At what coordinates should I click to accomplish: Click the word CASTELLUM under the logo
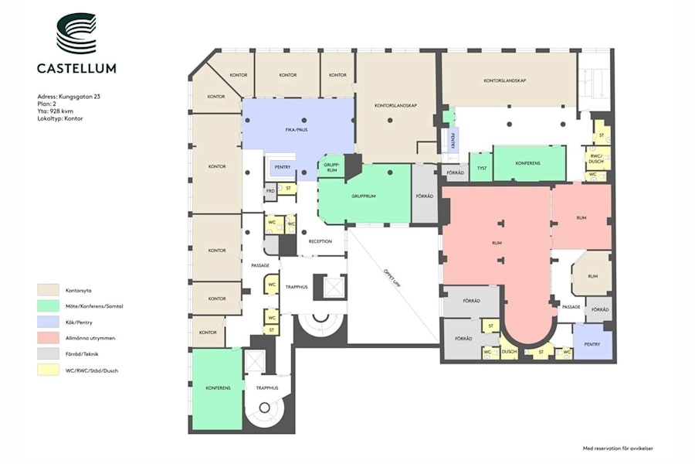pos(76,68)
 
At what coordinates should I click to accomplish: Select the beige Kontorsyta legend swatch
pos(48,289)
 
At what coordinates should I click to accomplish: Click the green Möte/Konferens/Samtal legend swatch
pos(48,306)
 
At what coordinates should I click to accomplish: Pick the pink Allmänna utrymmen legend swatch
pos(48,338)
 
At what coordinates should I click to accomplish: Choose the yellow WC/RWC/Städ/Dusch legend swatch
pos(48,370)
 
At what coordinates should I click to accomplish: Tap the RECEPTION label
pos(320,241)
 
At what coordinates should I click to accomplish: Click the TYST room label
pos(480,167)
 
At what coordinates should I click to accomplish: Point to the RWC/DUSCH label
pos(596,159)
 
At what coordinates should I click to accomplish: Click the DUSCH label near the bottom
pos(508,353)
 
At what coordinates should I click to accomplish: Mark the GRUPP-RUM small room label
pos(331,167)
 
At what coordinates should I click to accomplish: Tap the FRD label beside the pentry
pos(270,190)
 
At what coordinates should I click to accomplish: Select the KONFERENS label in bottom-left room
pos(218,388)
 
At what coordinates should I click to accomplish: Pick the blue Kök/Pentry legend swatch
pos(48,322)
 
